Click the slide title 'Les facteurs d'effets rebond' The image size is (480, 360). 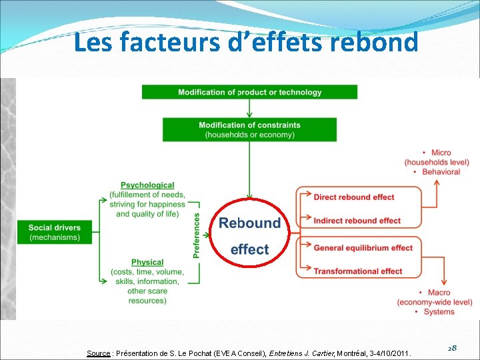246,43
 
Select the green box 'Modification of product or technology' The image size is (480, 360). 249,92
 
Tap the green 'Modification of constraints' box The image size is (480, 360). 249,129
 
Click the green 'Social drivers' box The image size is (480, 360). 55,232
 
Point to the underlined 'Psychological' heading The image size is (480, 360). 147,185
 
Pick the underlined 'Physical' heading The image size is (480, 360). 147,263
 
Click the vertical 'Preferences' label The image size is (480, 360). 197,235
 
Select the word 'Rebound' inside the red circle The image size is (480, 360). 249,223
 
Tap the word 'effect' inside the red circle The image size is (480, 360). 249,249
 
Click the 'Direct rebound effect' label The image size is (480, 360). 354,197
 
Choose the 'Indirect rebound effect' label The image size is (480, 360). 357,221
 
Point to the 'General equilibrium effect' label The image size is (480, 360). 363,248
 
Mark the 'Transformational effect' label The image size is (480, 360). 358,271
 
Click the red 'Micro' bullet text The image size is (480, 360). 440,153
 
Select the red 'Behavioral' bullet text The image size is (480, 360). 441,171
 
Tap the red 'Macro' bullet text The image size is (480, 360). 438,293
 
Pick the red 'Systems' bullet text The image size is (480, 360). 438,311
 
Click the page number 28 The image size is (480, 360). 451,348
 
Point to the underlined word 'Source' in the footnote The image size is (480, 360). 99,353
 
